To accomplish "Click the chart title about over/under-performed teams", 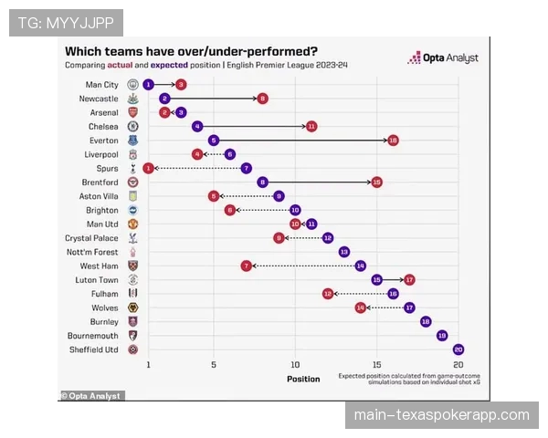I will pyautogui.click(x=192, y=51).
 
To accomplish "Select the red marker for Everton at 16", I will pyautogui.click(x=393, y=141).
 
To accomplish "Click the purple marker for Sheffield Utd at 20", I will pyautogui.click(x=458, y=349).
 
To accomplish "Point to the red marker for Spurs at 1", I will pyautogui.click(x=148, y=168).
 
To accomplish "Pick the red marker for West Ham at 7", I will pyautogui.click(x=246, y=266).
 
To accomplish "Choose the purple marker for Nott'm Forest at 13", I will pyautogui.click(x=344, y=252).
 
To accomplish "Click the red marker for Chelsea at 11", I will pyautogui.click(x=311, y=126).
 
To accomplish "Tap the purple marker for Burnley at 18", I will pyautogui.click(x=426, y=321).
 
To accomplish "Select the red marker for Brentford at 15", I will pyautogui.click(x=376, y=182).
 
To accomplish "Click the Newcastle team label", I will pyautogui.click(x=99, y=99).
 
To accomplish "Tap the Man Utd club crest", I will pyautogui.click(x=133, y=224).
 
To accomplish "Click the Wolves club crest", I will pyautogui.click(x=133, y=308).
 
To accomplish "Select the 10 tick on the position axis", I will pyautogui.click(x=295, y=364).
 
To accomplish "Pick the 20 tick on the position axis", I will pyautogui.click(x=458, y=364).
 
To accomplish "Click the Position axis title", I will pyautogui.click(x=303, y=379).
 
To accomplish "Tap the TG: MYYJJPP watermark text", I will pyautogui.click(x=66, y=22).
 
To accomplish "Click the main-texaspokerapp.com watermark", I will pyautogui.click(x=442, y=415).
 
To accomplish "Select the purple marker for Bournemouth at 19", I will pyautogui.click(x=442, y=335).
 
